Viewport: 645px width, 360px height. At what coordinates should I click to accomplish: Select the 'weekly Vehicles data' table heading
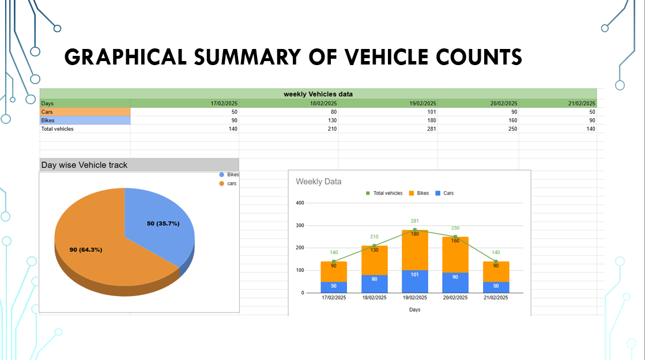318,94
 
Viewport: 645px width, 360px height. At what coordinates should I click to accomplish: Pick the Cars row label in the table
47,112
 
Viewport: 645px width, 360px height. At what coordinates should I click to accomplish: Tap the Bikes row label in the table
48,120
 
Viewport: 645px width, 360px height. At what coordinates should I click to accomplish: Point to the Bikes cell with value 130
330,120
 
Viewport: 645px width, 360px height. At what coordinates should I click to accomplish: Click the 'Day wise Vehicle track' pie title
84,165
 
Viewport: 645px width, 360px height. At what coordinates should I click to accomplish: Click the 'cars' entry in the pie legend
231,183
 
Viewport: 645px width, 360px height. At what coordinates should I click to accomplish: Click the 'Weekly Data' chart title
318,181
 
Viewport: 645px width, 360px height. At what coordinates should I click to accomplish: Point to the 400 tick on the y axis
300,203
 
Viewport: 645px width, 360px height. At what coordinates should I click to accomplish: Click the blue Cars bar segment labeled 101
414,281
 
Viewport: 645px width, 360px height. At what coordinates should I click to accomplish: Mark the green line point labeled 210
374,246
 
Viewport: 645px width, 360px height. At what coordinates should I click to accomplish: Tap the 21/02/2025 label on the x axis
496,298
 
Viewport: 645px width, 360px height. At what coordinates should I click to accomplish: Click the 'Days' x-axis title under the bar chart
414,310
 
